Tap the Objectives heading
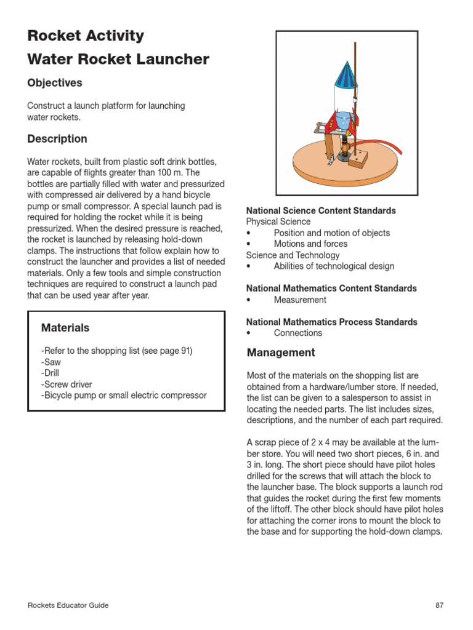55,83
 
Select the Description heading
57,139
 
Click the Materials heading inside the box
65,328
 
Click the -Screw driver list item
67,384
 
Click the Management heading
281,353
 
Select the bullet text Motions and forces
310,244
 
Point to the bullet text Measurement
300,300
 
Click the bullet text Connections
297,333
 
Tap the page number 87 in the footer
439,605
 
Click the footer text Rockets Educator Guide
68,605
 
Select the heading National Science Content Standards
321,210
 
